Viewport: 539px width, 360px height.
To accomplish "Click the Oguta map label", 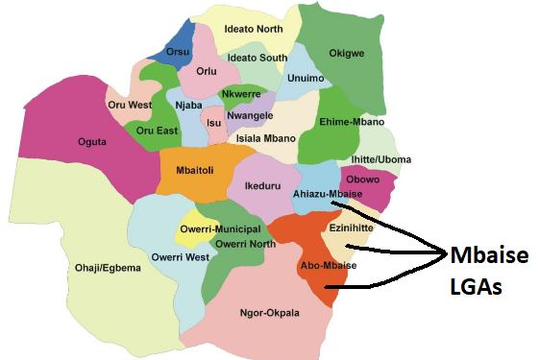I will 92,141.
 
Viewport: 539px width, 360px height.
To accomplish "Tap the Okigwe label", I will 346,53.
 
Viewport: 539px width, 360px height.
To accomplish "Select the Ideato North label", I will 253,29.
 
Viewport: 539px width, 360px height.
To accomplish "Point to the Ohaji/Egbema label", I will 108,268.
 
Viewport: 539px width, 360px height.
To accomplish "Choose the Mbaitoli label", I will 194,171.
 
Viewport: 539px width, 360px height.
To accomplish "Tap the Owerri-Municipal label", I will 219,229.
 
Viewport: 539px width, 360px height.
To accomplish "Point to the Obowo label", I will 361,179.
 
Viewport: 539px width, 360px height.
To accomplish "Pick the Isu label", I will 214,123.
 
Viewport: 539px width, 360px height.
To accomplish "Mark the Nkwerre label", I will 242,95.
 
